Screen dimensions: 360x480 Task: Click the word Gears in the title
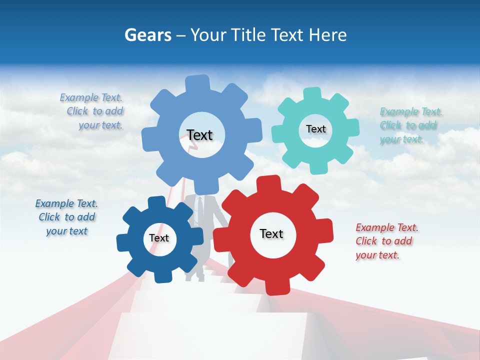click(148, 35)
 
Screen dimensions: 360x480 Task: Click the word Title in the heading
click(249, 35)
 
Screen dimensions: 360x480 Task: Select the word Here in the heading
click(328, 35)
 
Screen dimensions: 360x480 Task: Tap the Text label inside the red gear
click(271, 233)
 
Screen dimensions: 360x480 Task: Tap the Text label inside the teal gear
click(315, 129)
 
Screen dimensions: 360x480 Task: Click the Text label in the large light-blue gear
click(199, 135)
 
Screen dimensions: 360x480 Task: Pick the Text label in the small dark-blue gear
click(159, 238)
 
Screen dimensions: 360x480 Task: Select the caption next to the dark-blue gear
click(66, 217)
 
